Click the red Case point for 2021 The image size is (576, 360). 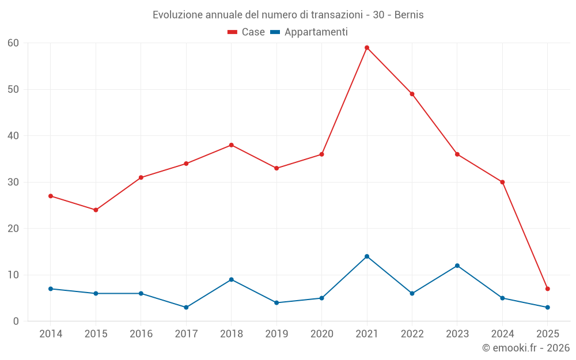(367, 48)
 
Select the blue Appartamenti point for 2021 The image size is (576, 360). (367, 256)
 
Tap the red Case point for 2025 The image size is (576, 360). (548, 289)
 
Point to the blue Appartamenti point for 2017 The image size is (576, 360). (186, 307)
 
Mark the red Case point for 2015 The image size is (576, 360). (96, 210)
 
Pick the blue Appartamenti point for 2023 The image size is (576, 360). (457, 266)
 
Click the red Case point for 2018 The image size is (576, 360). (231, 145)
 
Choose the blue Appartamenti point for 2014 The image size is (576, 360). (51, 289)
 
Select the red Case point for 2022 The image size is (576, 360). (412, 94)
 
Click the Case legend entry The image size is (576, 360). (247, 32)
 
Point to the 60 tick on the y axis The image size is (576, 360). (13, 43)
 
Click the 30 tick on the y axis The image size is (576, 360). (13, 182)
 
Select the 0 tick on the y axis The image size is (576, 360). (16, 321)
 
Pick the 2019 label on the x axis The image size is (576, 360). (276, 334)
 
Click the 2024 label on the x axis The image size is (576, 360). (502, 334)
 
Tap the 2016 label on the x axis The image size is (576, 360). (141, 334)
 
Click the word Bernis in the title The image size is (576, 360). (409, 15)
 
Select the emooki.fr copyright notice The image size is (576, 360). (525, 348)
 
